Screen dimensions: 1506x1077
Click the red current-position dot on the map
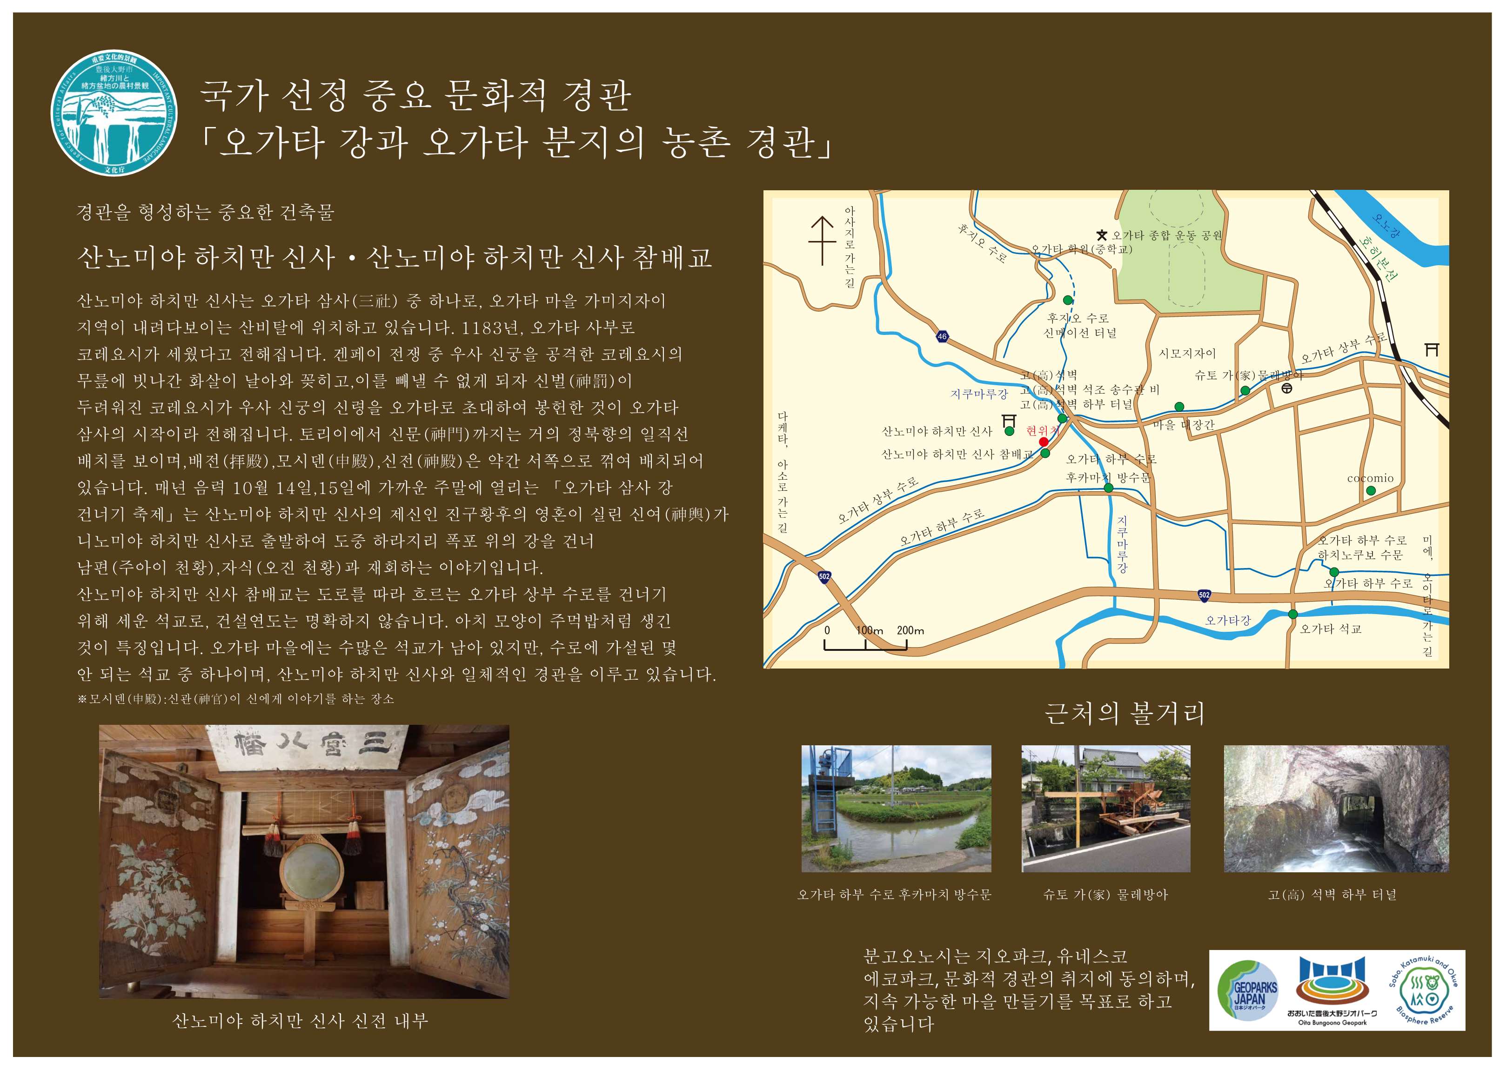click(x=1043, y=442)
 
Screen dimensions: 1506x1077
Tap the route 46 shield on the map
click(x=942, y=336)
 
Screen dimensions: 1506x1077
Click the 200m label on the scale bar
click(x=910, y=630)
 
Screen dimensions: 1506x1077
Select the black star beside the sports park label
click(x=1102, y=235)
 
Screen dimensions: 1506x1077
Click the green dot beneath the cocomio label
click(x=1371, y=491)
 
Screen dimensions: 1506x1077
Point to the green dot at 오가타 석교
click(x=1292, y=614)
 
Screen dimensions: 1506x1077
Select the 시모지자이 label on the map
click(x=1187, y=354)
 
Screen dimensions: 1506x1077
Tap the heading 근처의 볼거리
click(x=1124, y=713)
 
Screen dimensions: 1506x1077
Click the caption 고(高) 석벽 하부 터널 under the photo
click(x=1332, y=895)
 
